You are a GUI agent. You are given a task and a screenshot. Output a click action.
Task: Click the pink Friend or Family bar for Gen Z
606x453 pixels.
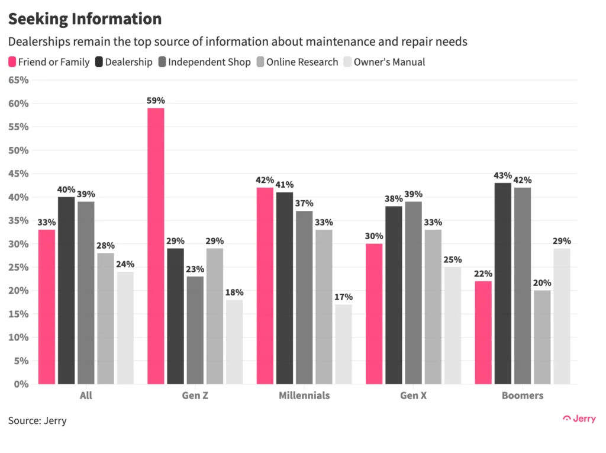(156, 246)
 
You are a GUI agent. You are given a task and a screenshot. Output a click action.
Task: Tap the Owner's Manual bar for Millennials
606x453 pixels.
(343, 344)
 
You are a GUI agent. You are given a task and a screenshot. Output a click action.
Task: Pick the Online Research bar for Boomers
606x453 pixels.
(542, 337)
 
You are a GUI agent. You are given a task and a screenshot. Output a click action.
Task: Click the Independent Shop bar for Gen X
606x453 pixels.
(413, 293)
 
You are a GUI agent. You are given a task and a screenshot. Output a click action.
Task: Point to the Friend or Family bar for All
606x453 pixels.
(47, 307)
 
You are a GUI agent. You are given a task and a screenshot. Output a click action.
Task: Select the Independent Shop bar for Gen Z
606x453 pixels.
(195, 330)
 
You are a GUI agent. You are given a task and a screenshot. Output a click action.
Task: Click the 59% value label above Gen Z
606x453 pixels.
(156, 101)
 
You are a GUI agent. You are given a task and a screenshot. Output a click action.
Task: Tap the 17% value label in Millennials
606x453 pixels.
(343, 297)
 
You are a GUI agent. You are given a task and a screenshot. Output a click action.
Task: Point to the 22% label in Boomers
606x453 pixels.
(483, 274)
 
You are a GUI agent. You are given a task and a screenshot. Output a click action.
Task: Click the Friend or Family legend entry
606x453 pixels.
(49, 62)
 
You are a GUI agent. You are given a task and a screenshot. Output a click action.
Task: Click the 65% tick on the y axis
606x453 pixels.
(18, 80)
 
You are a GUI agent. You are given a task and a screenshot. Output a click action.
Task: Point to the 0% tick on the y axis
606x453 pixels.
(21, 384)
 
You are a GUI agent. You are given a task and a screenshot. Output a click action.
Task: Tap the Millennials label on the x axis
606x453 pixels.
(304, 396)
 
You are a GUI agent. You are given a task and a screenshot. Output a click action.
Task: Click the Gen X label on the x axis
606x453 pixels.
(413, 396)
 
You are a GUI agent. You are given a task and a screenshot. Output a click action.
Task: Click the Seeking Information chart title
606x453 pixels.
(85, 19)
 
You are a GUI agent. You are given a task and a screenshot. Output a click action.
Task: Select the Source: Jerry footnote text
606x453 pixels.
(37, 421)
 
